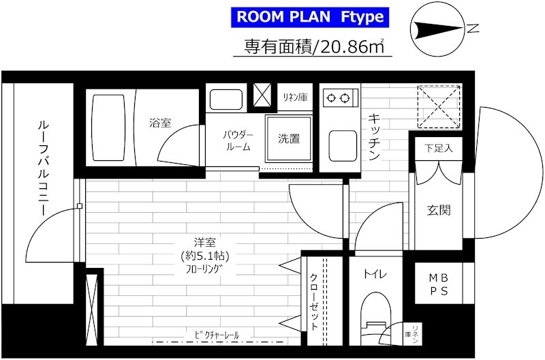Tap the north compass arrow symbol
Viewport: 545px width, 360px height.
pyautogui.click(x=439, y=29)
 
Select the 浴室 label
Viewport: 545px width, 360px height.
pyautogui.click(x=161, y=123)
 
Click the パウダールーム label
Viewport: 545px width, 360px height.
pyautogui.click(x=238, y=140)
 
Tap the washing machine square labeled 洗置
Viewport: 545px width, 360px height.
pyautogui.click(x=289, y=139)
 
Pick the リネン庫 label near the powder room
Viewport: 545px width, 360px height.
pyautogui.click(x=295, y=97)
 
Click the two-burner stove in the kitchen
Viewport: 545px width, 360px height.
pyautogui.click(x=338, y=97)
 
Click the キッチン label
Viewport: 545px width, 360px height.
pyautogui.click(x=374, y=137)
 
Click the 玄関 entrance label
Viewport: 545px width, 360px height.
pyautogui.click(x=438, y=209)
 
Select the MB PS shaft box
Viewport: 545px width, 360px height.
pyautogui.click(x=438, y=285)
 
